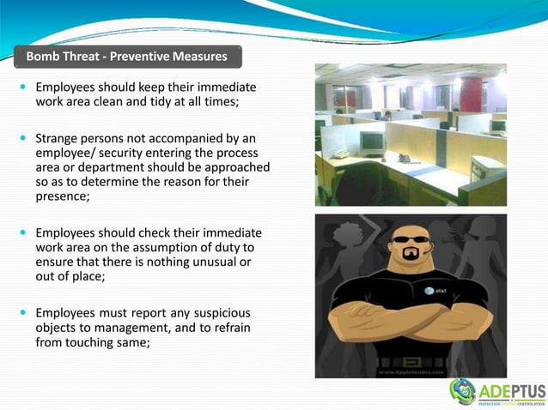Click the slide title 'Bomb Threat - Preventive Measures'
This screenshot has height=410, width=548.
[126, 57]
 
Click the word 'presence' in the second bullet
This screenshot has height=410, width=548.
[62, 196]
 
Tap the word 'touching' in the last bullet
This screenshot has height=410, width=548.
[96, 342]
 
